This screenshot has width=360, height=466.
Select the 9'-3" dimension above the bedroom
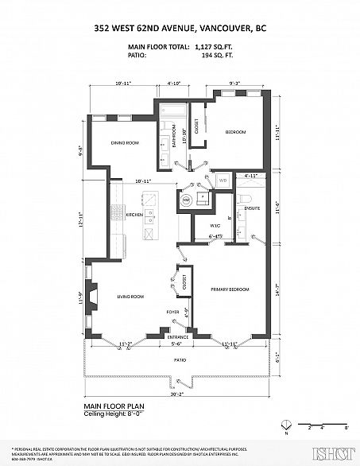(x=234, y=82)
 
